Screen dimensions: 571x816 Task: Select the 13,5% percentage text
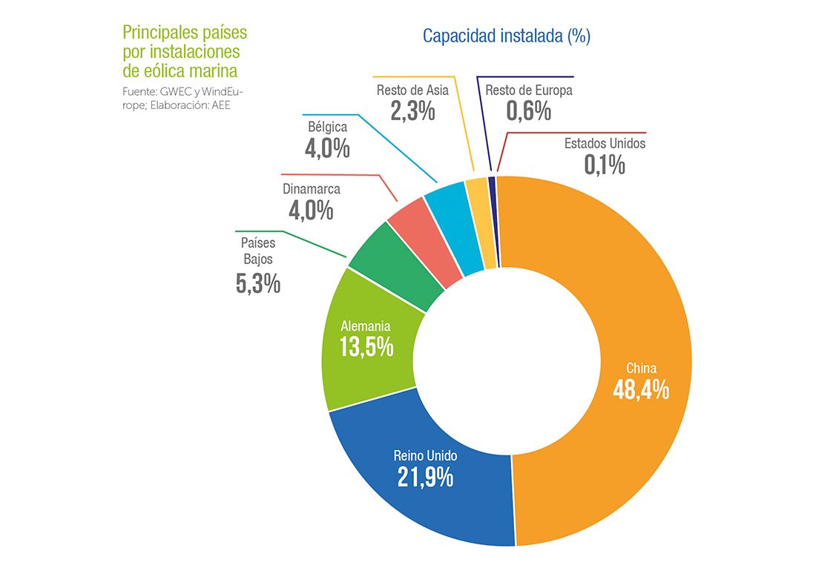click(x=366, y=346)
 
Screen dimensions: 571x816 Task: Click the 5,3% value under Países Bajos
click(x=257, y=283)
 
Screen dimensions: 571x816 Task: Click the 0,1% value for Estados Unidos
click(x=605, y=164)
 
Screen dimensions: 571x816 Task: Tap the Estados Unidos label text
click(x=605, y=143)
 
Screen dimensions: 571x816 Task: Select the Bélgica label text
click(x=327, y=127)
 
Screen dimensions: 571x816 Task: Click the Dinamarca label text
click(x=311, y=188)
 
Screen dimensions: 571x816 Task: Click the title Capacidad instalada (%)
click(x=506, y=36)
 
